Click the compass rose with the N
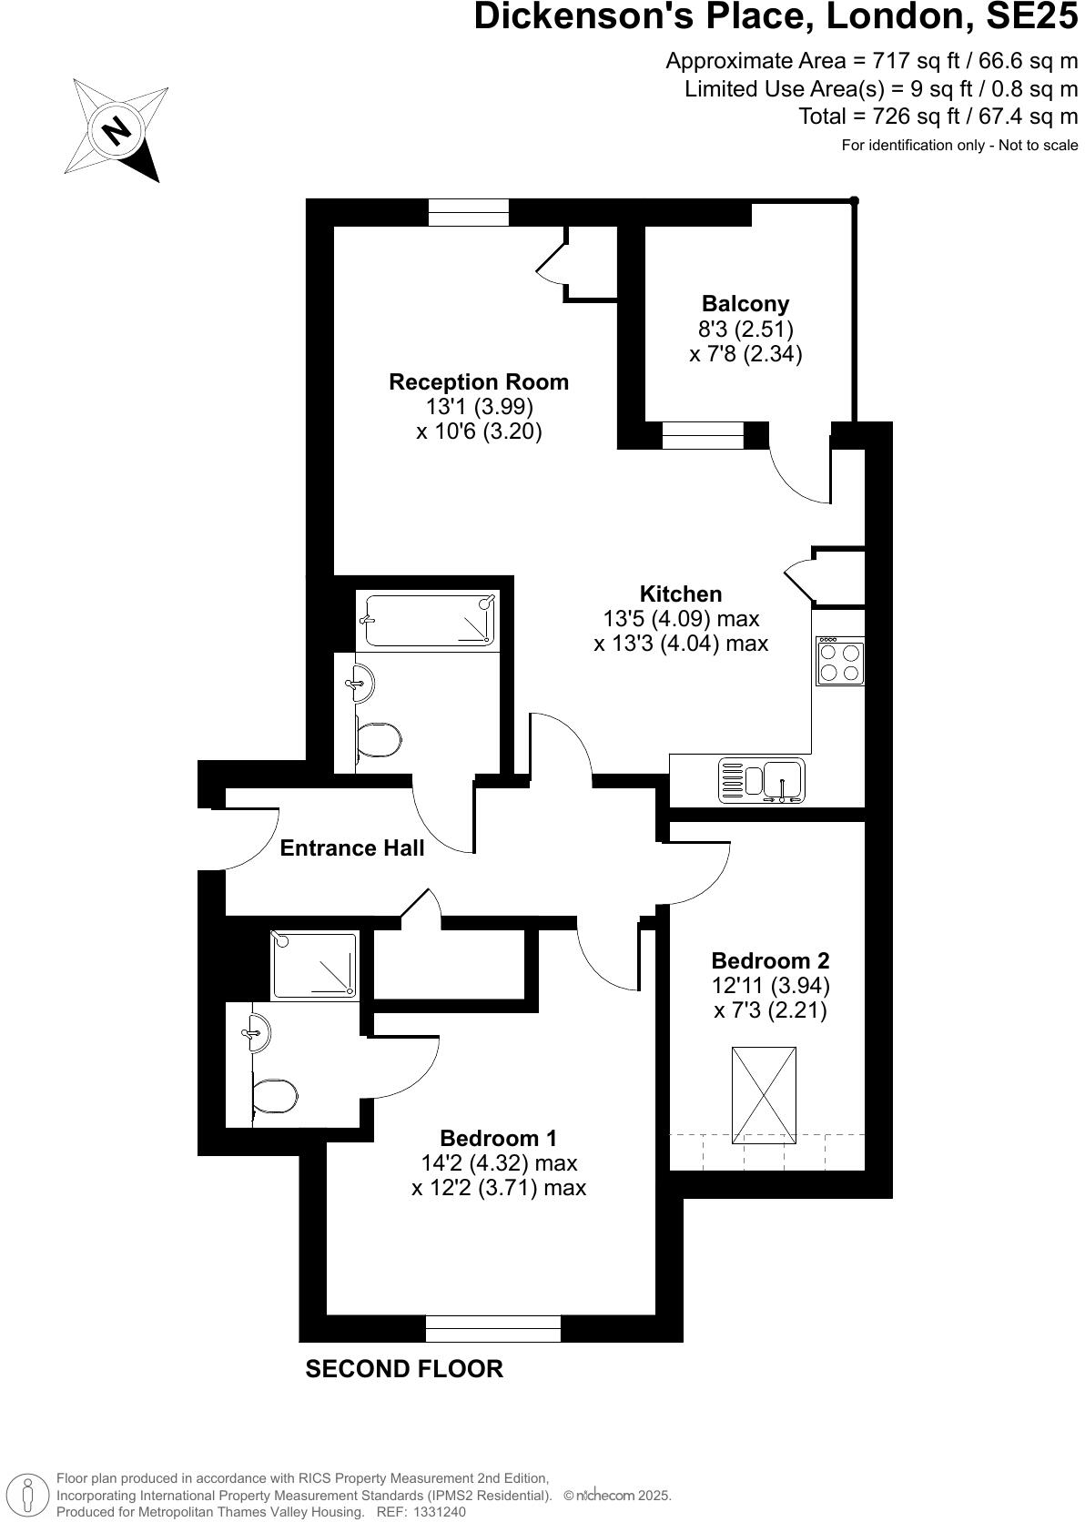116,129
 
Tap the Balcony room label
745,304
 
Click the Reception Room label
479,382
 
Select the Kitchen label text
681,594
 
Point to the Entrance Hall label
352,848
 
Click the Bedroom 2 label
770,961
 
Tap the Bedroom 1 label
498,1139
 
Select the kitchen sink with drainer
763,781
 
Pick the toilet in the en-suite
276,1097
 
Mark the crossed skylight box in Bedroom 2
764,1095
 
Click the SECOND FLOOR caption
404,1369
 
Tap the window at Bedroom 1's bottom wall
493,1329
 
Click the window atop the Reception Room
469,212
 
